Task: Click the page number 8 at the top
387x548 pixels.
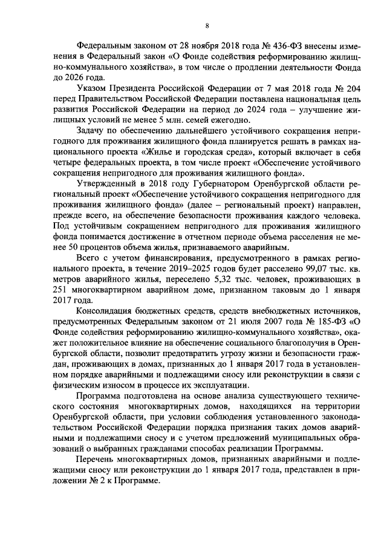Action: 207,25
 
